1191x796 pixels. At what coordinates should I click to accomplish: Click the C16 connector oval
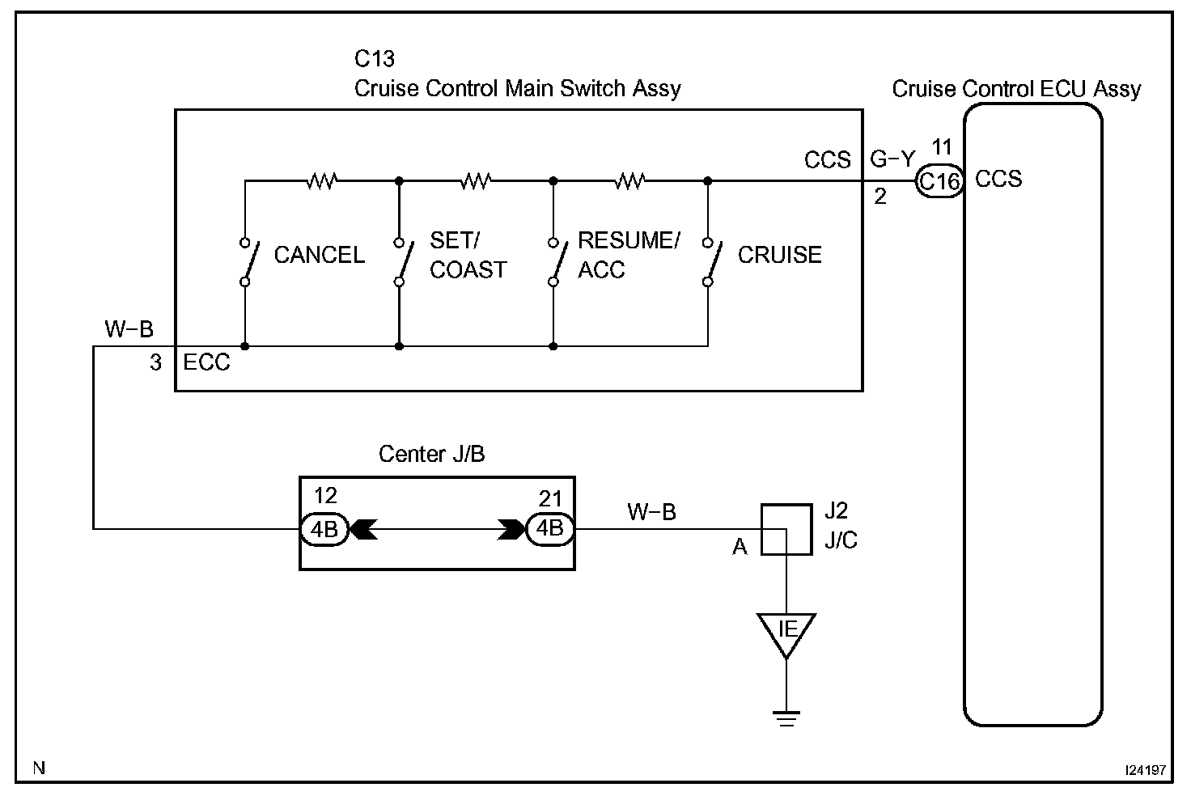(939, 181)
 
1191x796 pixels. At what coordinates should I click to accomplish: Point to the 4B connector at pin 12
(324, 529)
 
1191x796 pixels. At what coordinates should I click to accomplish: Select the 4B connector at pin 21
(550, 529)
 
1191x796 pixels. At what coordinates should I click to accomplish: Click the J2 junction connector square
(786, 529)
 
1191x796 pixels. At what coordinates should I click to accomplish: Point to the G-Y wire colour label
(892, 159)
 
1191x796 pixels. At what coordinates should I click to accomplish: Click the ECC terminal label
(206, 362)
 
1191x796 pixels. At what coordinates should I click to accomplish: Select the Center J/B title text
(431, 454)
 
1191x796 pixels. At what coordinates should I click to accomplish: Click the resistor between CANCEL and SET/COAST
(321, 180)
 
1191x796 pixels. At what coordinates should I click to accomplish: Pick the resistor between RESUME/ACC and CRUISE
(630, 180)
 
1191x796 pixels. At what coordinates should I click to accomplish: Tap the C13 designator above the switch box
(375, 59)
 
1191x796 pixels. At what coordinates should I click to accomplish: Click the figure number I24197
(1144, 769)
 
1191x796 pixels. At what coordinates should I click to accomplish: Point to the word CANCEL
(320, 256)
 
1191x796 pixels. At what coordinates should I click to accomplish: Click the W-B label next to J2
(651, 511)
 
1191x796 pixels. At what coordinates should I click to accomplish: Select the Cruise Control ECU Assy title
(1016, 89)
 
